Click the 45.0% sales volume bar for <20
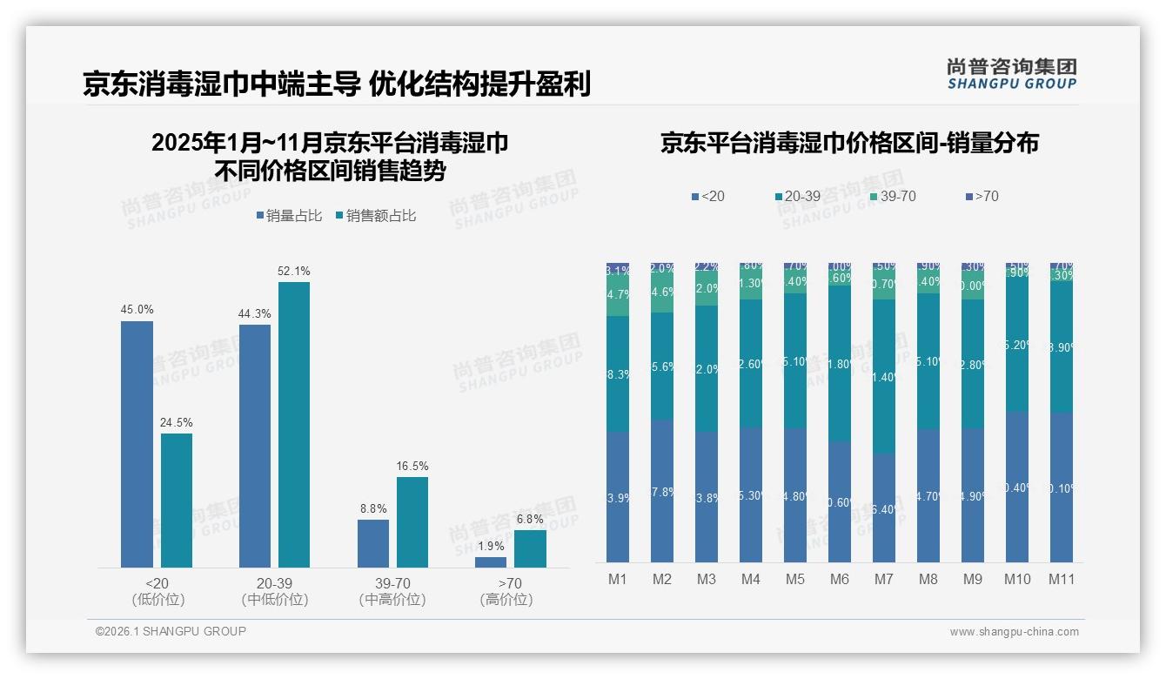(137, 444)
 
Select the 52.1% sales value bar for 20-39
(293, 424)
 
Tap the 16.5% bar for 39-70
(412, 521)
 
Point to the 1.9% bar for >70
(491, 562)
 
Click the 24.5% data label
(176, 422)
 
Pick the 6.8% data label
(529, 519)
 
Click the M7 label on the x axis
(884, 579)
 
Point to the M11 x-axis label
(1062, 579)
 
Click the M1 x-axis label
(617, 579)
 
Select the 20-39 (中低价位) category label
(274, 591)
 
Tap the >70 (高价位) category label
(506, 591)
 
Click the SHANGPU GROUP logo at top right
(1011, 74)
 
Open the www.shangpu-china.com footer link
(1014, 632)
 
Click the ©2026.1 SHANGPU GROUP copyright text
(171, 631)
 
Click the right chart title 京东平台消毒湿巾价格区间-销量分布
(849, 144)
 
